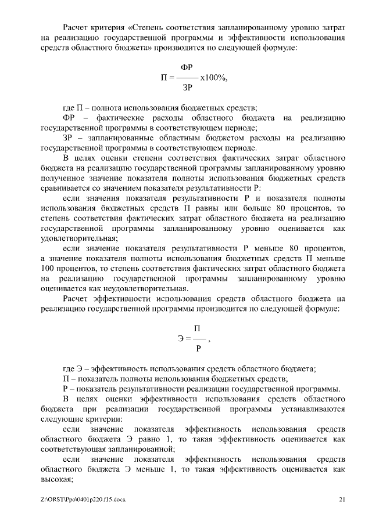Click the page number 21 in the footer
(342, 499)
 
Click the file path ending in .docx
(84, 499)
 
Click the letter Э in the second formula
(181, 339)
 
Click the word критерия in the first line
(110, 27)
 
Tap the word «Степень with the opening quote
(151, 27)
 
